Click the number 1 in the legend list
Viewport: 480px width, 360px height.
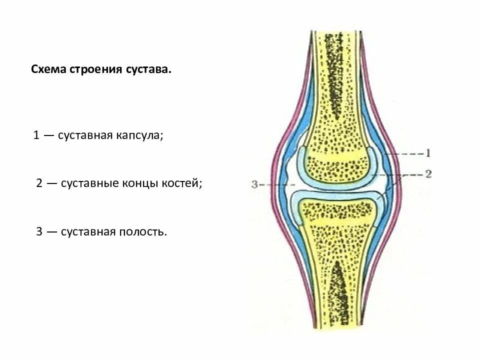tap(36, 135)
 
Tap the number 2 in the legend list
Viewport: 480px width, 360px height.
tap(39, 183)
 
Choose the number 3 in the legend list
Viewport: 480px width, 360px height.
tap(39, 231)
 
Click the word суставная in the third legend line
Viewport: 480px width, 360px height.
tap(87, 231)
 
